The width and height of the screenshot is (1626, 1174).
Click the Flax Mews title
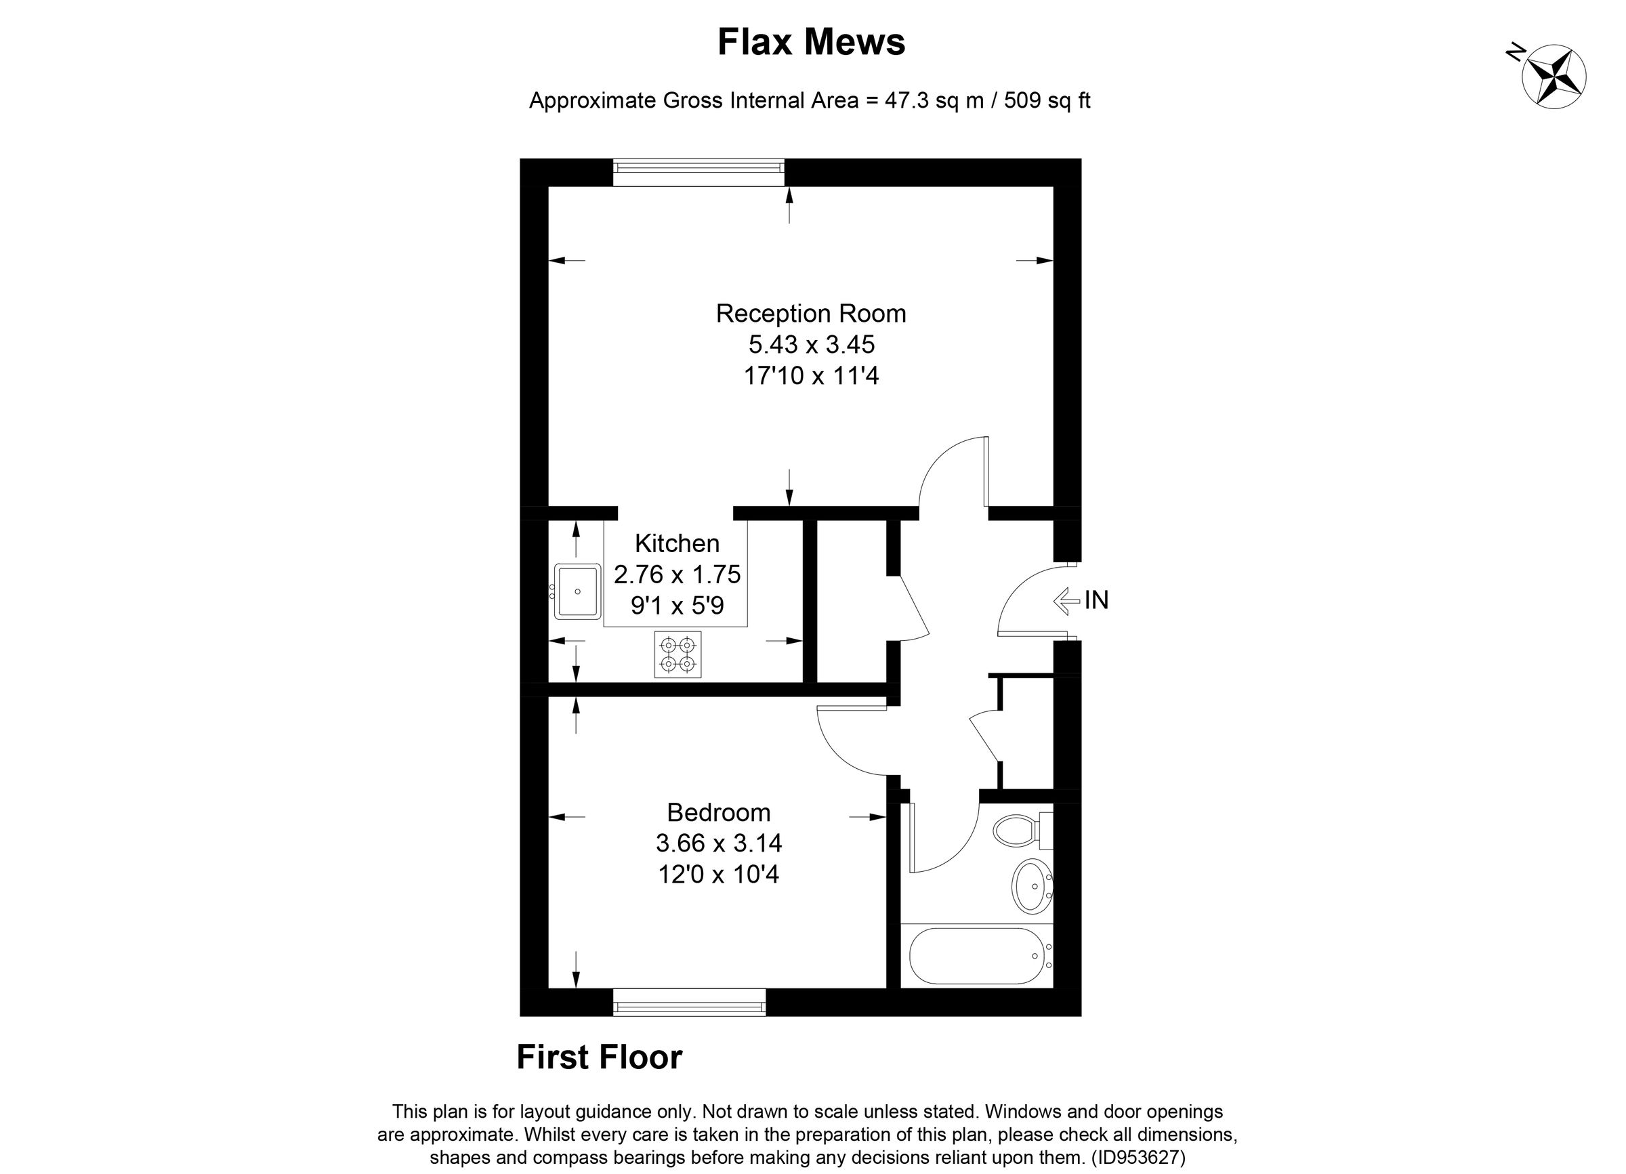coord(811,42)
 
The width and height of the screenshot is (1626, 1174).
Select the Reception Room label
coord(811,314)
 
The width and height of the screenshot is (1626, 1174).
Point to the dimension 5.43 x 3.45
coord(811,345)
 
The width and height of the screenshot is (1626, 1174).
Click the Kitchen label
coord(677,543)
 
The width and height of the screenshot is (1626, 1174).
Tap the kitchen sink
coord(578,591)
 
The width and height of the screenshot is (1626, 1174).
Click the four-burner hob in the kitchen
coord(677,654)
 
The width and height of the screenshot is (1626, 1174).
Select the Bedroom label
coord(718,812)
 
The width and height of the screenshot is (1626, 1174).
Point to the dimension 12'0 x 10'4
coord(718,875)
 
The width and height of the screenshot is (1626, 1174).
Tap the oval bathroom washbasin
coord(1033,887)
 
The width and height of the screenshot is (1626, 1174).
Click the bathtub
coord(975,956)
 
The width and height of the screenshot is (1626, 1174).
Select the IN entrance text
coord(1096,601)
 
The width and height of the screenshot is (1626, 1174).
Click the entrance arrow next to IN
coord(1066,601)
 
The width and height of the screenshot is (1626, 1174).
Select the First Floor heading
coord(600,1057)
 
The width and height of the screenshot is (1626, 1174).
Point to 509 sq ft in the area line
coord(1047,100)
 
